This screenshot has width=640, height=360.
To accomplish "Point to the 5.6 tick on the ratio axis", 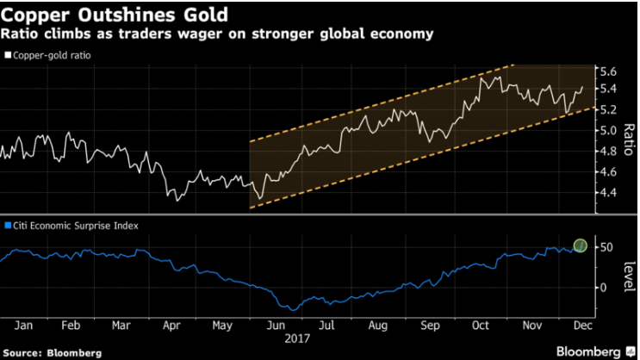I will click(608, 71).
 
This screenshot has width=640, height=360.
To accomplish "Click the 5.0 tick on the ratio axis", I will click(608, 131).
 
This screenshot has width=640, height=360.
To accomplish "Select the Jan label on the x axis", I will click(22, 326).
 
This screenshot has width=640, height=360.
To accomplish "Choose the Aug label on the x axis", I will click(379, 326).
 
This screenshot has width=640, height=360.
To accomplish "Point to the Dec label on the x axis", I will click(584, 326).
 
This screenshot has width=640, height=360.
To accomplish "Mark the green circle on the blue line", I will click(581, 246).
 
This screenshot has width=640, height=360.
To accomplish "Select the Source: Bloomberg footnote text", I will click(52, 352).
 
